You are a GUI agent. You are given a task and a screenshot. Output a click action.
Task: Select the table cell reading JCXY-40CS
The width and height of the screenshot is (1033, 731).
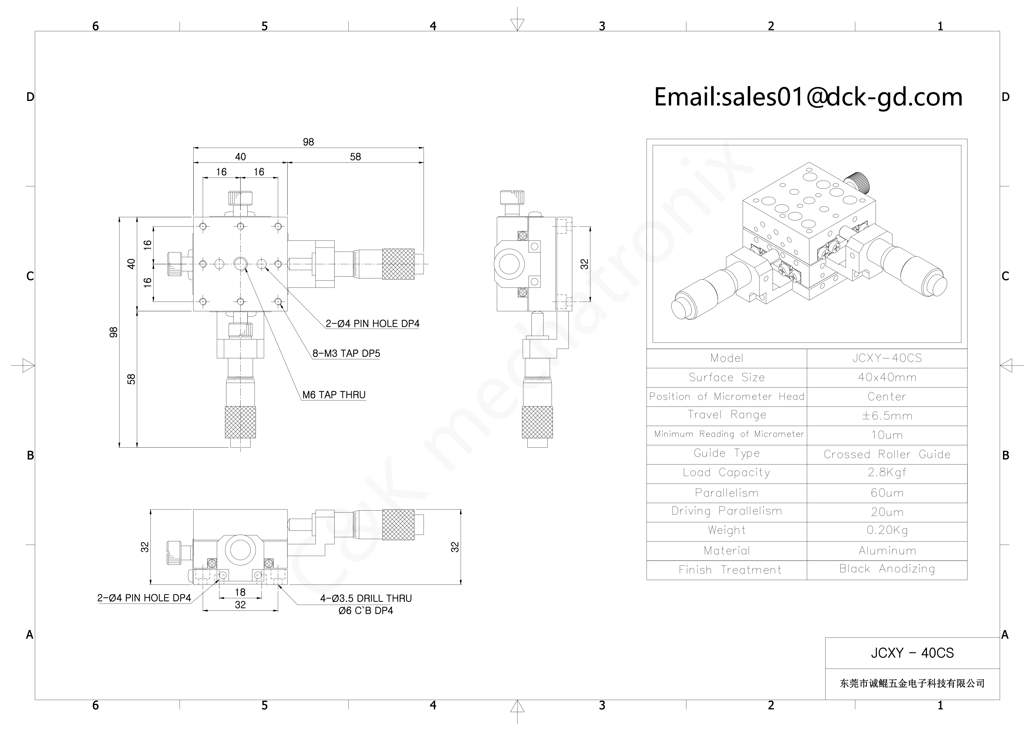(x=887, y=358)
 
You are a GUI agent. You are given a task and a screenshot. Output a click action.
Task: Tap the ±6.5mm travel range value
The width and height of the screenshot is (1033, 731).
(x=887, y=416)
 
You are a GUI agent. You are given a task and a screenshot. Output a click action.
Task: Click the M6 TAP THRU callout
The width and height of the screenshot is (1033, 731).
(x=334, y=395)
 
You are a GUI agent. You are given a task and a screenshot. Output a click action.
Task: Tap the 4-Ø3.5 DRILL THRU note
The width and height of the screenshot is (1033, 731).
(x=366, y=598)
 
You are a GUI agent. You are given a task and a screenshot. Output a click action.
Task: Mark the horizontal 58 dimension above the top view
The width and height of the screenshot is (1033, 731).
(x=355, y=157)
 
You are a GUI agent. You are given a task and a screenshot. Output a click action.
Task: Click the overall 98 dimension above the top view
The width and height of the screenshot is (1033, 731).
(x=308, y=142)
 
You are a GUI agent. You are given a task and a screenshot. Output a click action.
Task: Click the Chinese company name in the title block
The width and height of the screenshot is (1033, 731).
(x=912, y=683)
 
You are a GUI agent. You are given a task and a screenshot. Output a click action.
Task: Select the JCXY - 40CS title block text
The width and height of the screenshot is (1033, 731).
(x=912, y=653)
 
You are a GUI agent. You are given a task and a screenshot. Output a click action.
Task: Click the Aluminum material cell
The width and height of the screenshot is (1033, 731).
(x=887, y=550)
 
